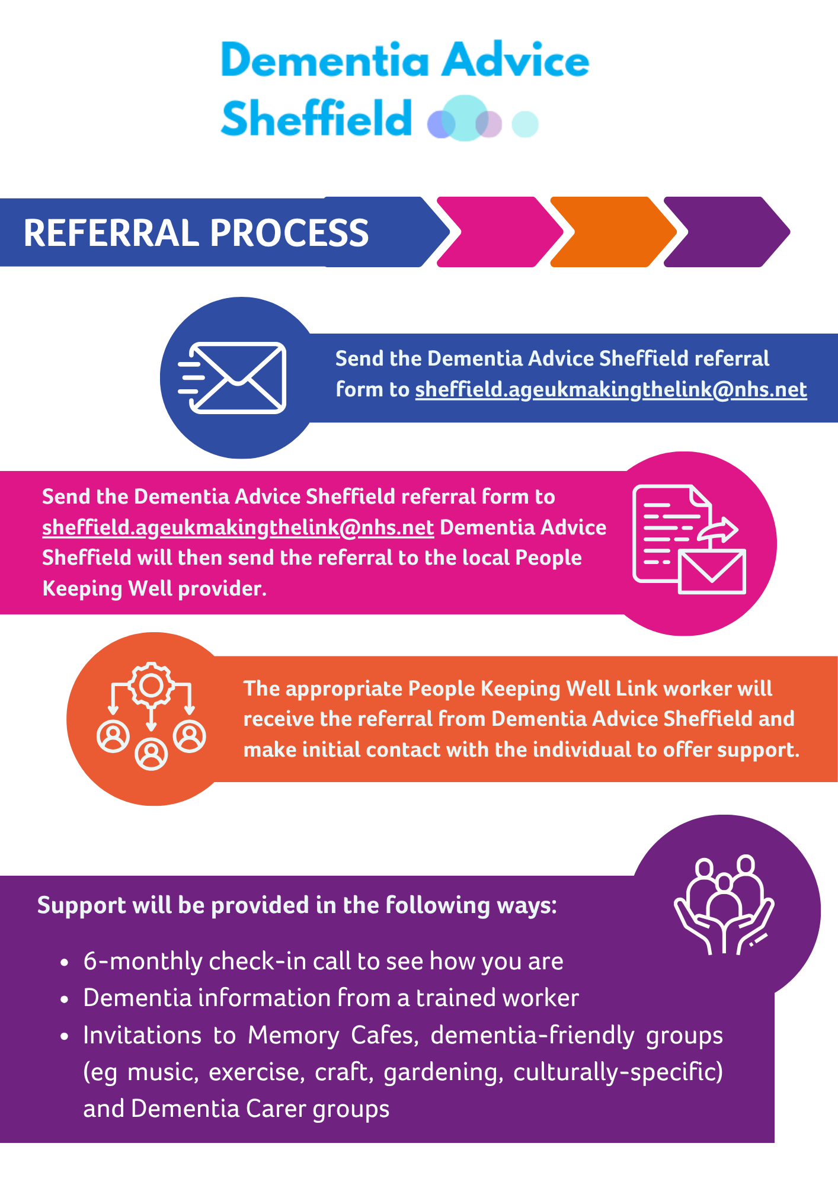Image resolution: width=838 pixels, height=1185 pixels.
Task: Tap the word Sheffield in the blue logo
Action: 316,118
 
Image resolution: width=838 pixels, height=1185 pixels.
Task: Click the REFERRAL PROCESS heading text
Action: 196,233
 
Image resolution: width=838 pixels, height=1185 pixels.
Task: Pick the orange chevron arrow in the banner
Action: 610,232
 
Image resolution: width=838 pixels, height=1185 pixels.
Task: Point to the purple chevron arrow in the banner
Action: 726,232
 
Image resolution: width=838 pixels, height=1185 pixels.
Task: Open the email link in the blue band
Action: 610,390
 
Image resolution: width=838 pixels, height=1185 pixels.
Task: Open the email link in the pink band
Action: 238,528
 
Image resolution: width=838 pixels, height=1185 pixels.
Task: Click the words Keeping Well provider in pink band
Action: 154,589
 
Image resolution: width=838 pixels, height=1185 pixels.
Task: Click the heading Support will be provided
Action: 297,906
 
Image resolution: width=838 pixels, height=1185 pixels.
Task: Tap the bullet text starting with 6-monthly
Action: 323,961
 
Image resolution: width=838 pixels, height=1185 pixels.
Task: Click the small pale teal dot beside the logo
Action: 524,124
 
